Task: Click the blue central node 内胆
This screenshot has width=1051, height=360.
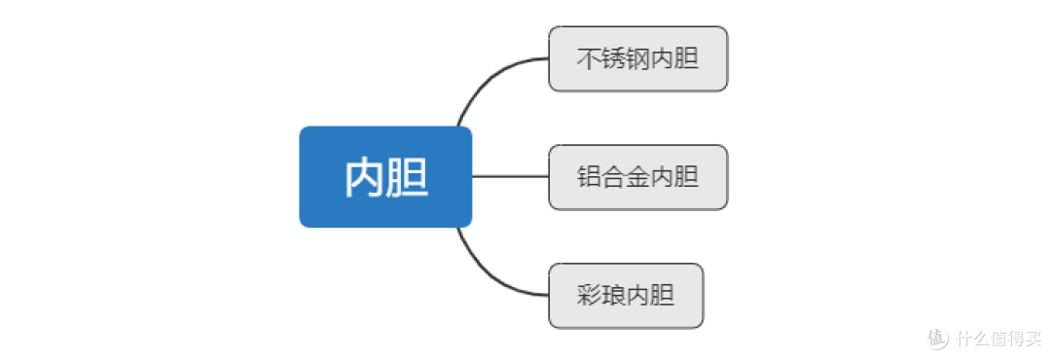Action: tap(385, 177)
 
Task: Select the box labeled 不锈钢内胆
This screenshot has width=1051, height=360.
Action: tap(637, 58)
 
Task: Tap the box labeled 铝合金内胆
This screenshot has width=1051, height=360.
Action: tap(637, 177)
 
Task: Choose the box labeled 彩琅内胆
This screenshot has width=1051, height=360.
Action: tap(625, 296)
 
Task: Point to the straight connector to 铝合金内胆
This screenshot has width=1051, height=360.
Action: tap(510, 177)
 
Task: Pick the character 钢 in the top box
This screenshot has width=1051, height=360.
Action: tap(637, 59)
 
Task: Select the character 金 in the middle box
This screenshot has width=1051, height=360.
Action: tap(637, 178)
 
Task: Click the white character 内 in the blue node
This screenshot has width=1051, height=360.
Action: tap(364, 178)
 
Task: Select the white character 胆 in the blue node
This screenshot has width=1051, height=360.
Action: tap(407, 178)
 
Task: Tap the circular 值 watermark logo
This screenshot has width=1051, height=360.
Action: tap(937, 339)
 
